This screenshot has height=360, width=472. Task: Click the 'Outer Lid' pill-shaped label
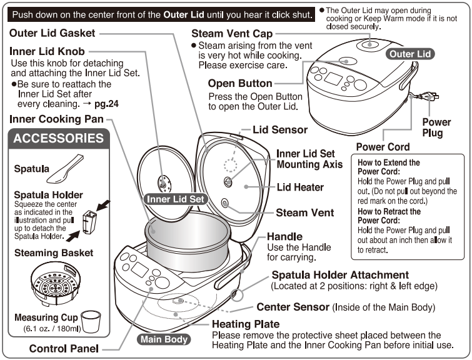pyautogui.click(x=410, y=54)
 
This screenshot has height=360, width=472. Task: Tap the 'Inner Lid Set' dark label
pyautogui.click(x=175, y=199)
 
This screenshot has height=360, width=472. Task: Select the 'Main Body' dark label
pyautogui.click(x=162, y=340)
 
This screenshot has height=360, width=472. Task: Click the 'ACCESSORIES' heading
pyautogui.click(x=59, y=139)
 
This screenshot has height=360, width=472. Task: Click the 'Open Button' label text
pyautogui.click(x=240, y=83)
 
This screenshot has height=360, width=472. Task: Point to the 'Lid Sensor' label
pyautogui.click(x=279, y=130)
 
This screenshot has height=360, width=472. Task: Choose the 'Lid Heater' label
pyautogui.click(x=300, y=187)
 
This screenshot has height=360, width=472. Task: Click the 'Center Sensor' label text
pyautogui.click(x=294, y=307)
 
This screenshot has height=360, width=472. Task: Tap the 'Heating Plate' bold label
pyautogui.click(x=244, y=324)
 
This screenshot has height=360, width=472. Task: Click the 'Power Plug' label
pyautogui.click(x=436, y=127)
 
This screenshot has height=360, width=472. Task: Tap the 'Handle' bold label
pyautogui.click(x=284, y=237)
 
